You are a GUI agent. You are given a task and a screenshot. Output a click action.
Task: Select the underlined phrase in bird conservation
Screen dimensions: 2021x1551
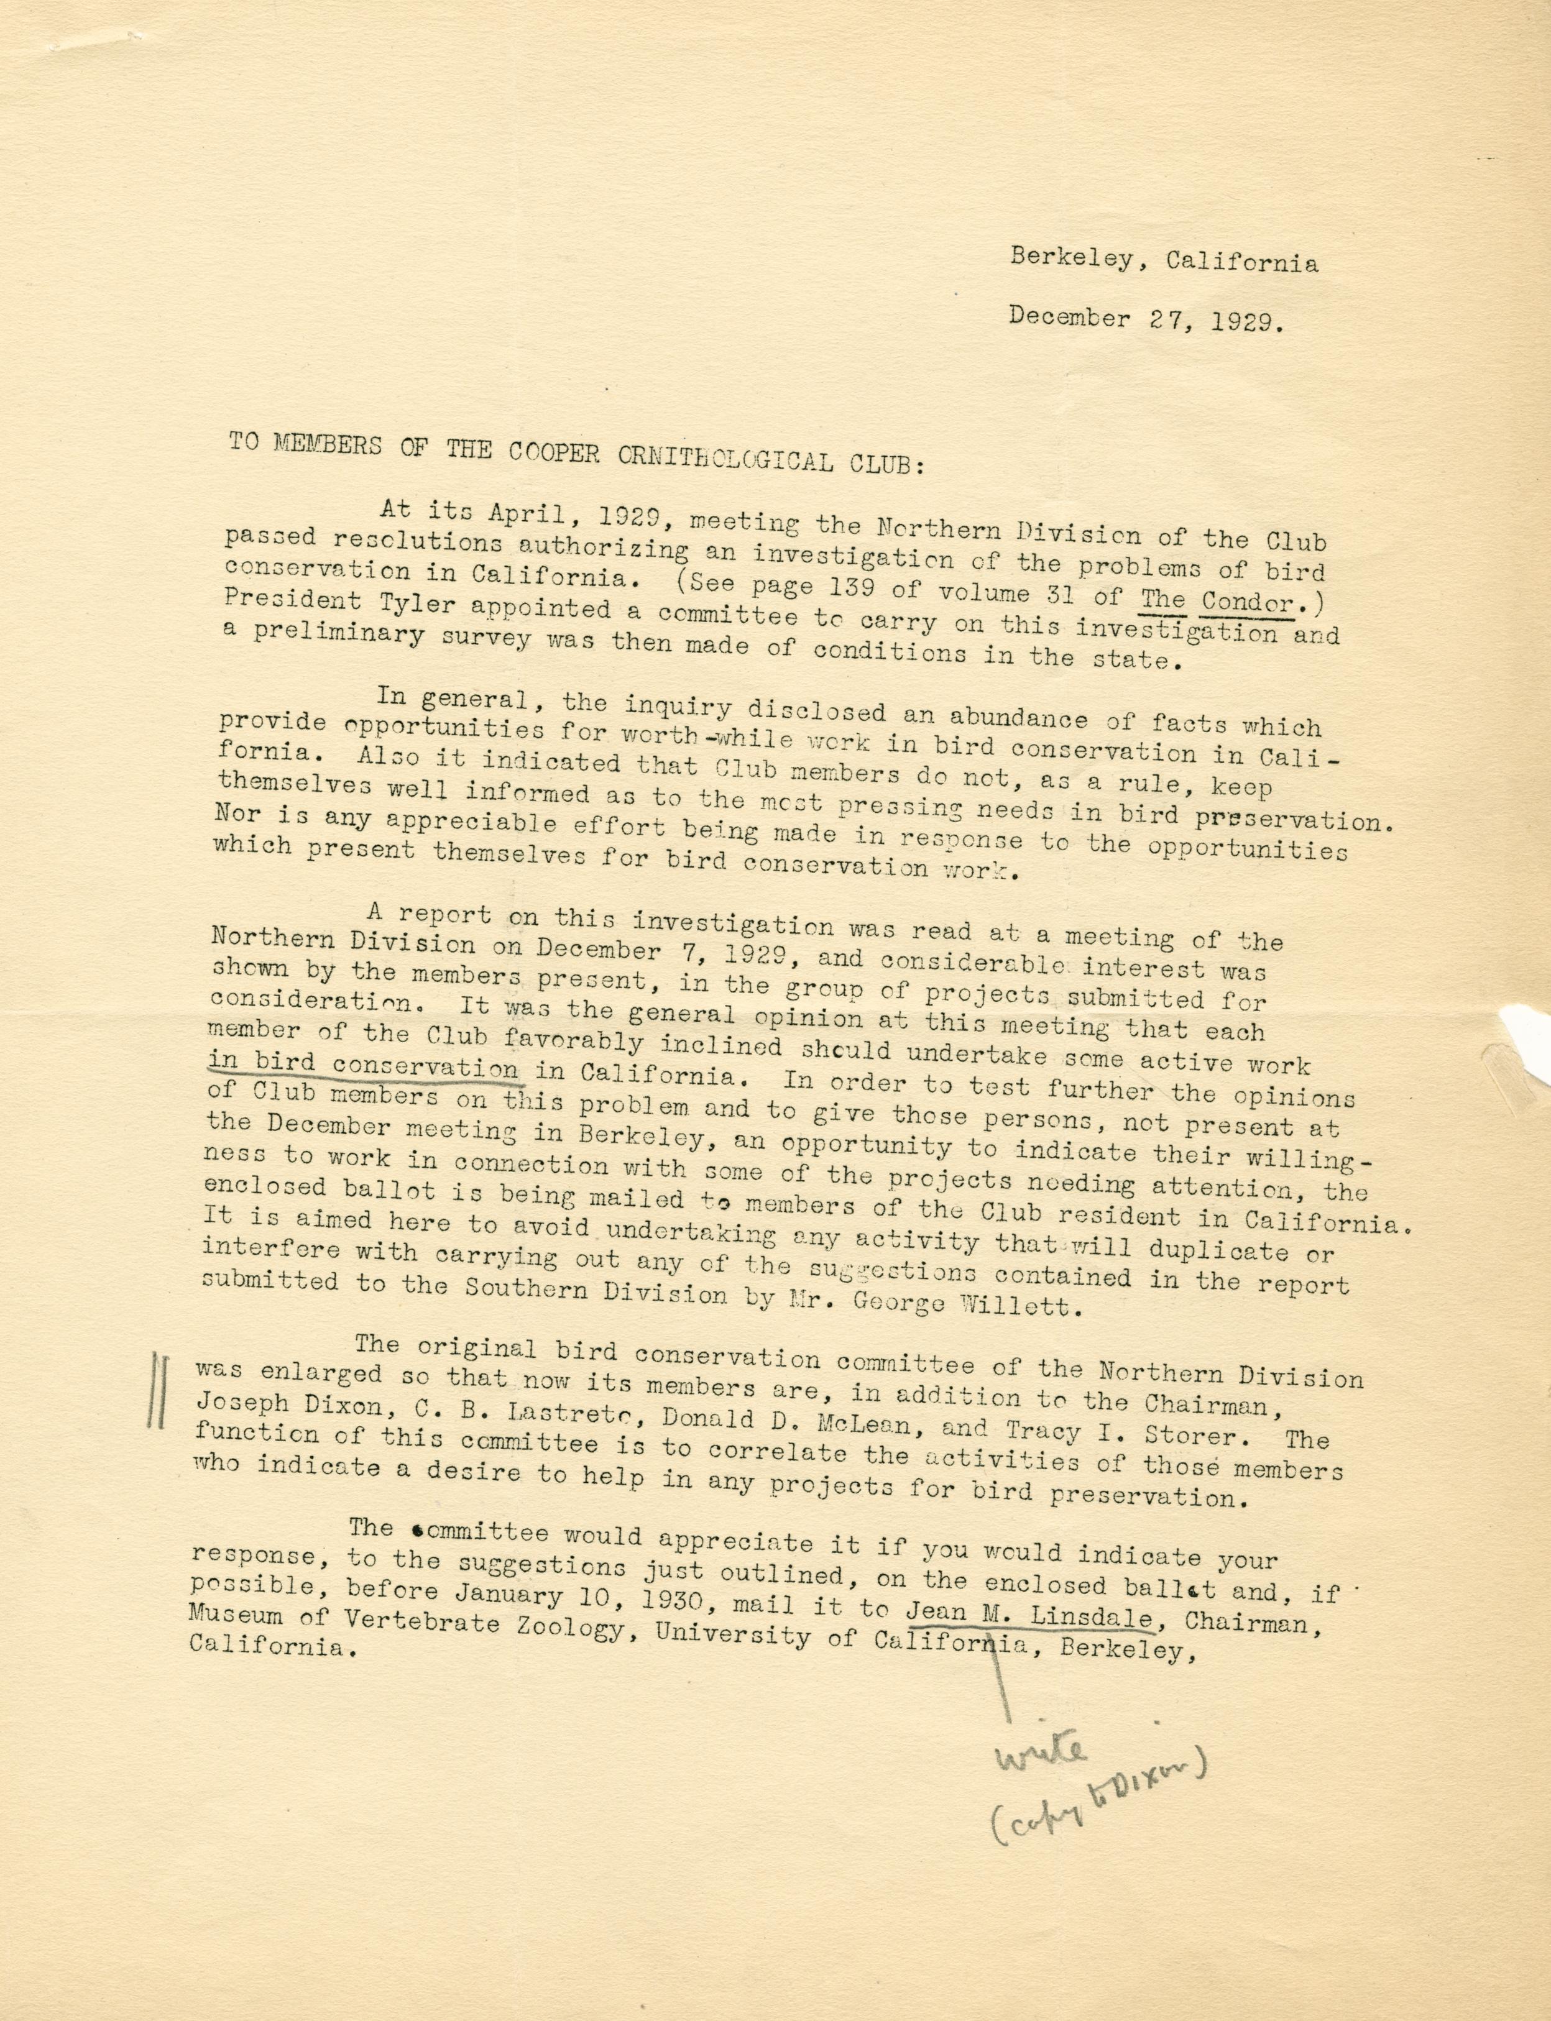coord(363,1068)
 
